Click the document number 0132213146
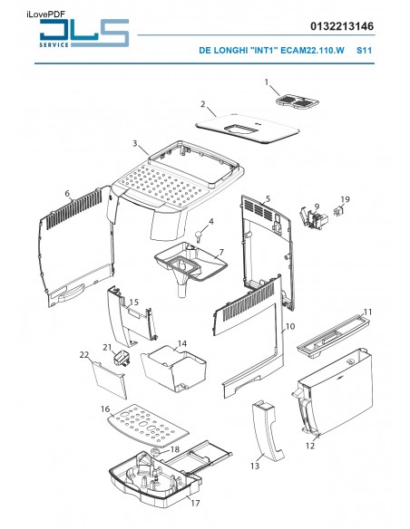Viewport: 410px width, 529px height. point(342,26)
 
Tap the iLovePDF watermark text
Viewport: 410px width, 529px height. point(45,14)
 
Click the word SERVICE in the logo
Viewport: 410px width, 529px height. point(54,45)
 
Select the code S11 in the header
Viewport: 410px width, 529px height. point(364,51)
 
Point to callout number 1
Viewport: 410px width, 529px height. point(267,82)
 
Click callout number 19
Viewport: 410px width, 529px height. point(345,199)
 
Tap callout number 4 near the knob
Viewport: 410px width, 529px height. point(211,222)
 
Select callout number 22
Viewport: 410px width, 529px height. point(84,355)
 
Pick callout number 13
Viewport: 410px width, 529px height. point(255,466)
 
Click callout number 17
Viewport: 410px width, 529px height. point(195,503)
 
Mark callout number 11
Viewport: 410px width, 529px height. point(367,313)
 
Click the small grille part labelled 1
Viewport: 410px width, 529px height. point(298,101)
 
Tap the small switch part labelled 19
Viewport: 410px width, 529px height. point(338,212)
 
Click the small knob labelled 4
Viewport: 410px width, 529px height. point(199,236)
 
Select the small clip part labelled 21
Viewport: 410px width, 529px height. point(122,358)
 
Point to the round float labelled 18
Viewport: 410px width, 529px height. point(156,452)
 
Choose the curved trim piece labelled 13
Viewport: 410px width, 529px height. point(268,430)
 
